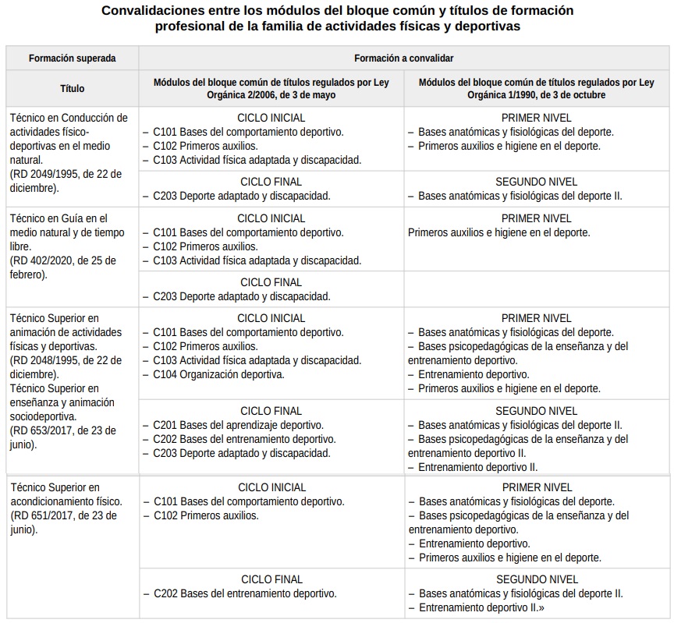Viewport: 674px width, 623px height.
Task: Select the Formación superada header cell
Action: click(x=72, y=58)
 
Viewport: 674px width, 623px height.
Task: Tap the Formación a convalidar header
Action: click(x=403, y=58)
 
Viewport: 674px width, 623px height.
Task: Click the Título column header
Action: click(x=72, y=89)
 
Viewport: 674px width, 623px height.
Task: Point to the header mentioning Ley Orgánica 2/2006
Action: click(x=271, y=88)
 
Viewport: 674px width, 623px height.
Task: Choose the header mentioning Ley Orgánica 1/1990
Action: click(x=536, y=88)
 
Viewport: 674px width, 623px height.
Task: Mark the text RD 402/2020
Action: click(x=48, y=260)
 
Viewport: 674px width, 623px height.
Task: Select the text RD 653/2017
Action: click(x=48, y=430)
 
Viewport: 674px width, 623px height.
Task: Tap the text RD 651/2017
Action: click(x=48, y=515)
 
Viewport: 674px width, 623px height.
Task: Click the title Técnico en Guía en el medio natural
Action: click(x=59, y=225)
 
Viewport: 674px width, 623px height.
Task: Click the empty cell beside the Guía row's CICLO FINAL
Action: click(x=536, y=288)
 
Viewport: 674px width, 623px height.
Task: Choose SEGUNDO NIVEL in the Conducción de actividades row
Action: click(x=536, y=182)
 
